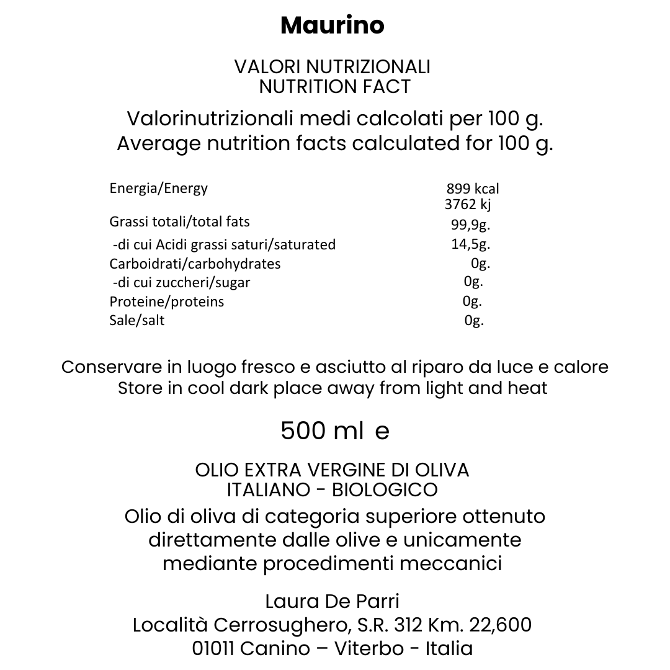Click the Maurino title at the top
(x=333, y=26)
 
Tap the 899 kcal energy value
(x=473, y=189)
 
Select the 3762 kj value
(x=468, y=205)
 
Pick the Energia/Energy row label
(x=159, y=189)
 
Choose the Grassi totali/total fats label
(x=179, y=222)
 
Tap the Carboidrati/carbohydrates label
(x=195, y=264)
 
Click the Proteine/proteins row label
(x=167, y=302)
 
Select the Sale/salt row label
(x=137, y=321)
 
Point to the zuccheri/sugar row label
(x=181, y=283)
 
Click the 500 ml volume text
(x=322, y=431)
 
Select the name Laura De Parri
(x=332, y=601)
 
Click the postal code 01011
(x=213, y=648)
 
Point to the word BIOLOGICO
(x=385, y=490)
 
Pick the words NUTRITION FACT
(x=335, y=87)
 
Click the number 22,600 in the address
(x=500, y=625)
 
